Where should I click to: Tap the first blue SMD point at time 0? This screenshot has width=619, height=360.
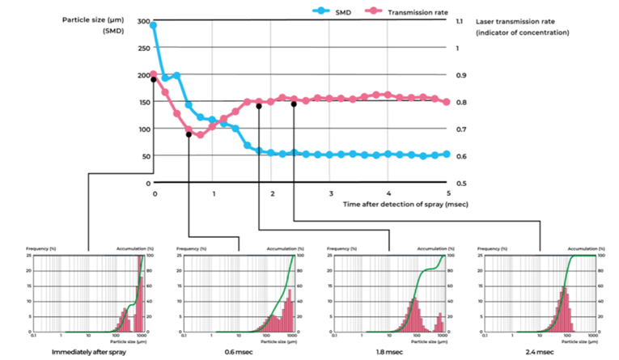tap(154, 25)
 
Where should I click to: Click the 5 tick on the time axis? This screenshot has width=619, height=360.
tap(447, 194)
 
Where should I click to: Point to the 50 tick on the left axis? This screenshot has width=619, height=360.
tap(145, 156)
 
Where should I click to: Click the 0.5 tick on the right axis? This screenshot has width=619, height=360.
tap(461, 184)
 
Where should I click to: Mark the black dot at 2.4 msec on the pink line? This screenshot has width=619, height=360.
tap(294, 104)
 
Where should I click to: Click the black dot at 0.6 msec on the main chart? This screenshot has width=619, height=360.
tap(189, 134)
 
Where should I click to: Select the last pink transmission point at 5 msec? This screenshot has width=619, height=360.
tap(447, 102)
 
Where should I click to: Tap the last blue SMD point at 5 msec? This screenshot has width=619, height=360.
tap(447, 154)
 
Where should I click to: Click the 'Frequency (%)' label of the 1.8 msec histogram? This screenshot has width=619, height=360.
tap(338, 248)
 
